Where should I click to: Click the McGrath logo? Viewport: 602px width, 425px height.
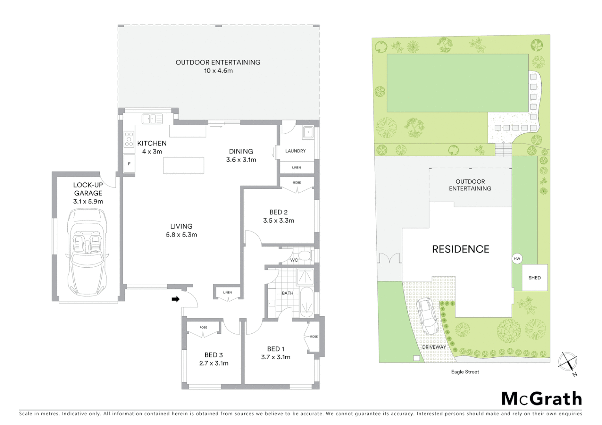542,399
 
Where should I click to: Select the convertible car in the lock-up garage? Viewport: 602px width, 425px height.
87,252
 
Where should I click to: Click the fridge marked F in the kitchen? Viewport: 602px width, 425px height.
129,164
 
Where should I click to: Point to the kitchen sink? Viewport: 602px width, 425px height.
152,118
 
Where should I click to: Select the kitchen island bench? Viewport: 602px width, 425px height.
184,165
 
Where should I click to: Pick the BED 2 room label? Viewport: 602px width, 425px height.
279,212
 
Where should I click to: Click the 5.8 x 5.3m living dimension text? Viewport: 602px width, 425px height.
181,235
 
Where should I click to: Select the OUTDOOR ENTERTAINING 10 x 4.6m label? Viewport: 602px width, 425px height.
218,67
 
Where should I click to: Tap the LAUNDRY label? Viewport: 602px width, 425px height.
295,151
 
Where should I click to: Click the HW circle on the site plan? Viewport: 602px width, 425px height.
517,259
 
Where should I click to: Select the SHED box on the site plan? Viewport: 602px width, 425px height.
535,277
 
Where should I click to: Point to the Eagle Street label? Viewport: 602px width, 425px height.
465,371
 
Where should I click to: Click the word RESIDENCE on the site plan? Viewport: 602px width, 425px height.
461,249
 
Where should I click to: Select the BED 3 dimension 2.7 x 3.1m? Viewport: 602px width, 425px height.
214,363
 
